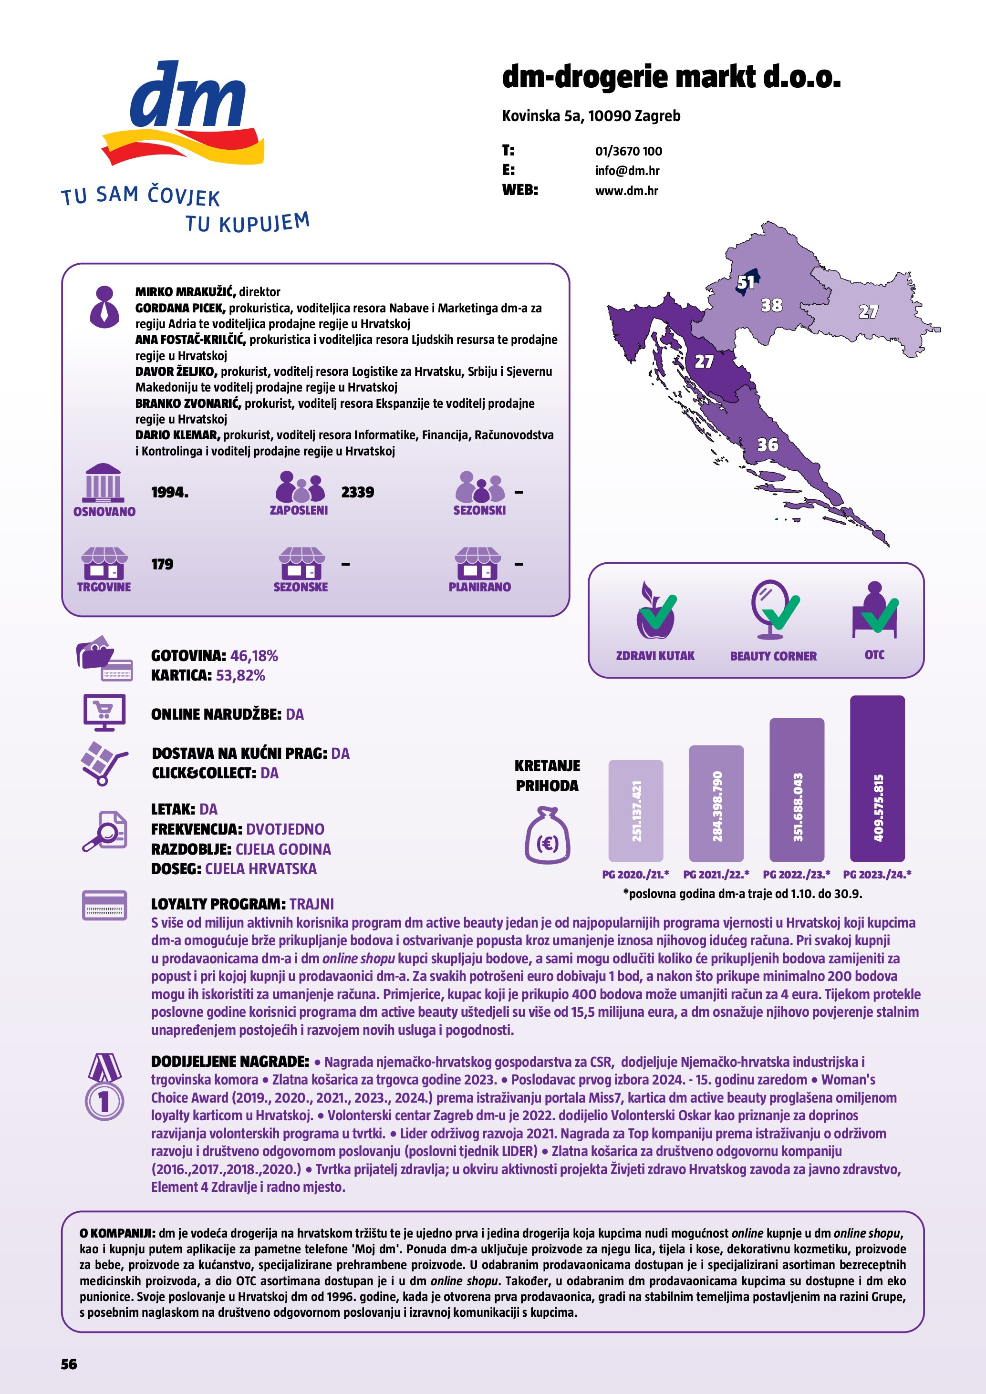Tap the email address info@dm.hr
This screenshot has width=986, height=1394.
pos(627,171)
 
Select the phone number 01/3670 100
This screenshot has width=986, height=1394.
pos(628,151)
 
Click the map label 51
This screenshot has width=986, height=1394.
pos(746,282)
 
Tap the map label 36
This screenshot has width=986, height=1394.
pos(768,445)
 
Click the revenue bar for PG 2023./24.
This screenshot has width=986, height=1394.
pos(877,778)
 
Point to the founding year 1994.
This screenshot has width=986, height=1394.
pos(169,492)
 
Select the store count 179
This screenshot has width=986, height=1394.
pos(162,564)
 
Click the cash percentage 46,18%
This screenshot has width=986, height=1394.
pos(254,656)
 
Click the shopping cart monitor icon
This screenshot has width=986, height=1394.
pos(104,712)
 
